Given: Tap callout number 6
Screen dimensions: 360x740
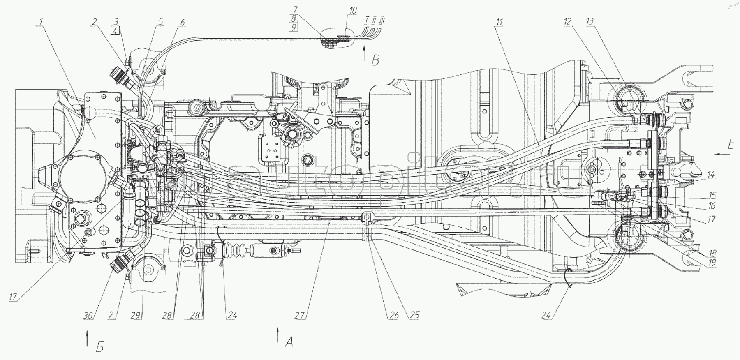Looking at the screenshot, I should (182, 23).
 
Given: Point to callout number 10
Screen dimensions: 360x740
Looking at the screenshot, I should (352, 10).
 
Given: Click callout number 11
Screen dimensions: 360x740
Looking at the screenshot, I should (499, 22).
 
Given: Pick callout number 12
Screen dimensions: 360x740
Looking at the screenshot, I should (568, 22).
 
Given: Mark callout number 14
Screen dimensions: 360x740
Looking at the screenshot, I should (711, 175).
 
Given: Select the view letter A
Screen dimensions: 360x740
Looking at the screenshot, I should (289, 342).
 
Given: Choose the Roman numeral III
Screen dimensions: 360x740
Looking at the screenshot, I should (382, 21).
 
